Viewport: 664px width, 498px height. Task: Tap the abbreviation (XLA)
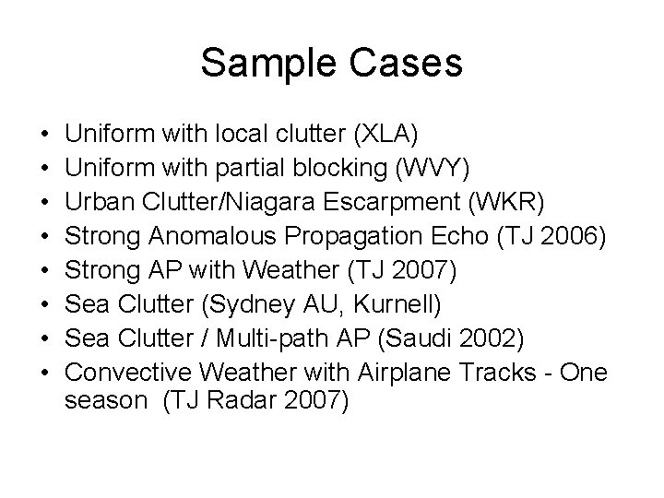(x=385, y=136)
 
